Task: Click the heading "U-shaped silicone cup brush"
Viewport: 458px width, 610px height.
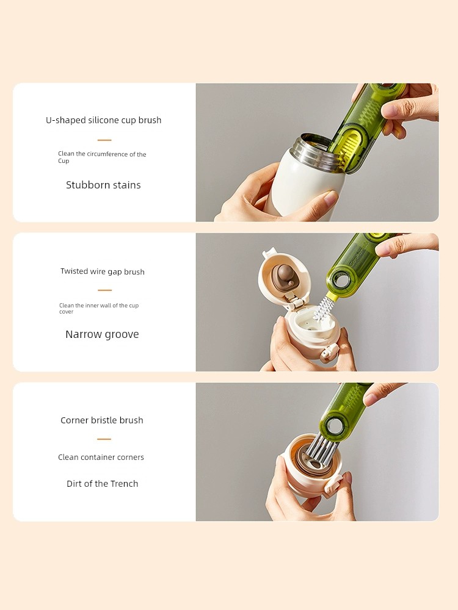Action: tap(104, 120)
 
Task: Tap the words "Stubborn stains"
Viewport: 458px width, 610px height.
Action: tap(103, 185)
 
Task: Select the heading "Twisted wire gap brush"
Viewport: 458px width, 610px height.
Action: tap(103, 271)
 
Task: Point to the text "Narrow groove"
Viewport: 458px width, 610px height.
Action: tap(102, 334)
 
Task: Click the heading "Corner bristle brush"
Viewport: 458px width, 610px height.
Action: tap(101, 420)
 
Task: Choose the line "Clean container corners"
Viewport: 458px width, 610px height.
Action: tap(101, 457)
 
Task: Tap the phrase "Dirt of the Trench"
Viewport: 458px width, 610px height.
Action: tap(103, 484)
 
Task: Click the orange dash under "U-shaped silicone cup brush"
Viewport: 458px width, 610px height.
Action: tap(104, 140)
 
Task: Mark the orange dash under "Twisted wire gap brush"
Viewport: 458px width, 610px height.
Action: tap(105, 290)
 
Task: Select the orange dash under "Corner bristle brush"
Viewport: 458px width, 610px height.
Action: tap(104, 439)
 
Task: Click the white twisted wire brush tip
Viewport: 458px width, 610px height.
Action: tap(322, 309)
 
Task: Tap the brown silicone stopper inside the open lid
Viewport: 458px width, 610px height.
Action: tap(285, 276)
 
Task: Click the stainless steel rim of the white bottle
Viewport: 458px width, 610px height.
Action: tap(311, 151)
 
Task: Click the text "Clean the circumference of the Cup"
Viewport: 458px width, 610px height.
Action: tap(102, 157)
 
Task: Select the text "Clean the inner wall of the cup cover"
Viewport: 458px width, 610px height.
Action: tap(99, 309)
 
